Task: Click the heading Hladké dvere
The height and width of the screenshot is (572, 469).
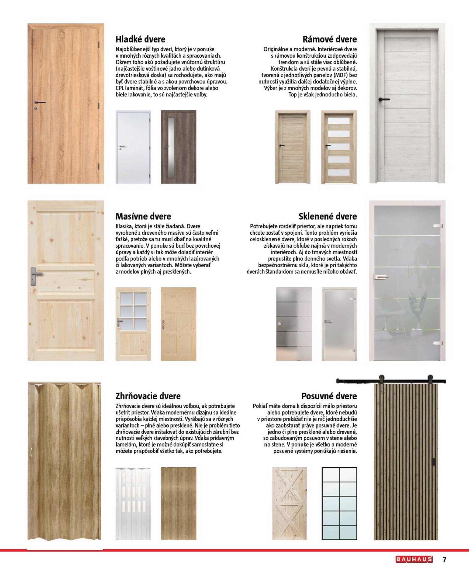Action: pos(140,39)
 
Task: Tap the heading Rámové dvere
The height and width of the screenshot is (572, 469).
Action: pos(329,39)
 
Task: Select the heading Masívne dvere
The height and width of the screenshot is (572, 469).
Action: pos(143,216)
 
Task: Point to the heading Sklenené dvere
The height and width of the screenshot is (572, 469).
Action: pos(327,216)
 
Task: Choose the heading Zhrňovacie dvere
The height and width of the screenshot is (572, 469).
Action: pos(148,396)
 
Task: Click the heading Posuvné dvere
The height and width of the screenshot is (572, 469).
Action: pos(329,396)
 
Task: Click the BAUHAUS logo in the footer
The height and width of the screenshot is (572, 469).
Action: pos(414,559)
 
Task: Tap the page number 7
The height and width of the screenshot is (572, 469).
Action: pos(444,559)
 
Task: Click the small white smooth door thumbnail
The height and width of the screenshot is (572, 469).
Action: pos(133,147)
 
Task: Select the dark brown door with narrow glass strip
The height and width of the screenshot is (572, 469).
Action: pos(178,147)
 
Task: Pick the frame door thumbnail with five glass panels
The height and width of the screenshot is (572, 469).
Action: pos(339,147)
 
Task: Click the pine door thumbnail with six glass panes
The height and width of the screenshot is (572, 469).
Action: pos(133,324)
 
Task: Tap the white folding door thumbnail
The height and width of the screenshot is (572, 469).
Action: pos(133,503)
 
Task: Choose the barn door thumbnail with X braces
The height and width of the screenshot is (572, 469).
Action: pos(289,503)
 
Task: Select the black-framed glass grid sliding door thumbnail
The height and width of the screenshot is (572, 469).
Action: pos(339,503)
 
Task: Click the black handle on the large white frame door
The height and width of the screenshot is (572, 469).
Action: pos(384,99)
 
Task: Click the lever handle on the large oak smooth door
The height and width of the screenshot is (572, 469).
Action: pos(40,102)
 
